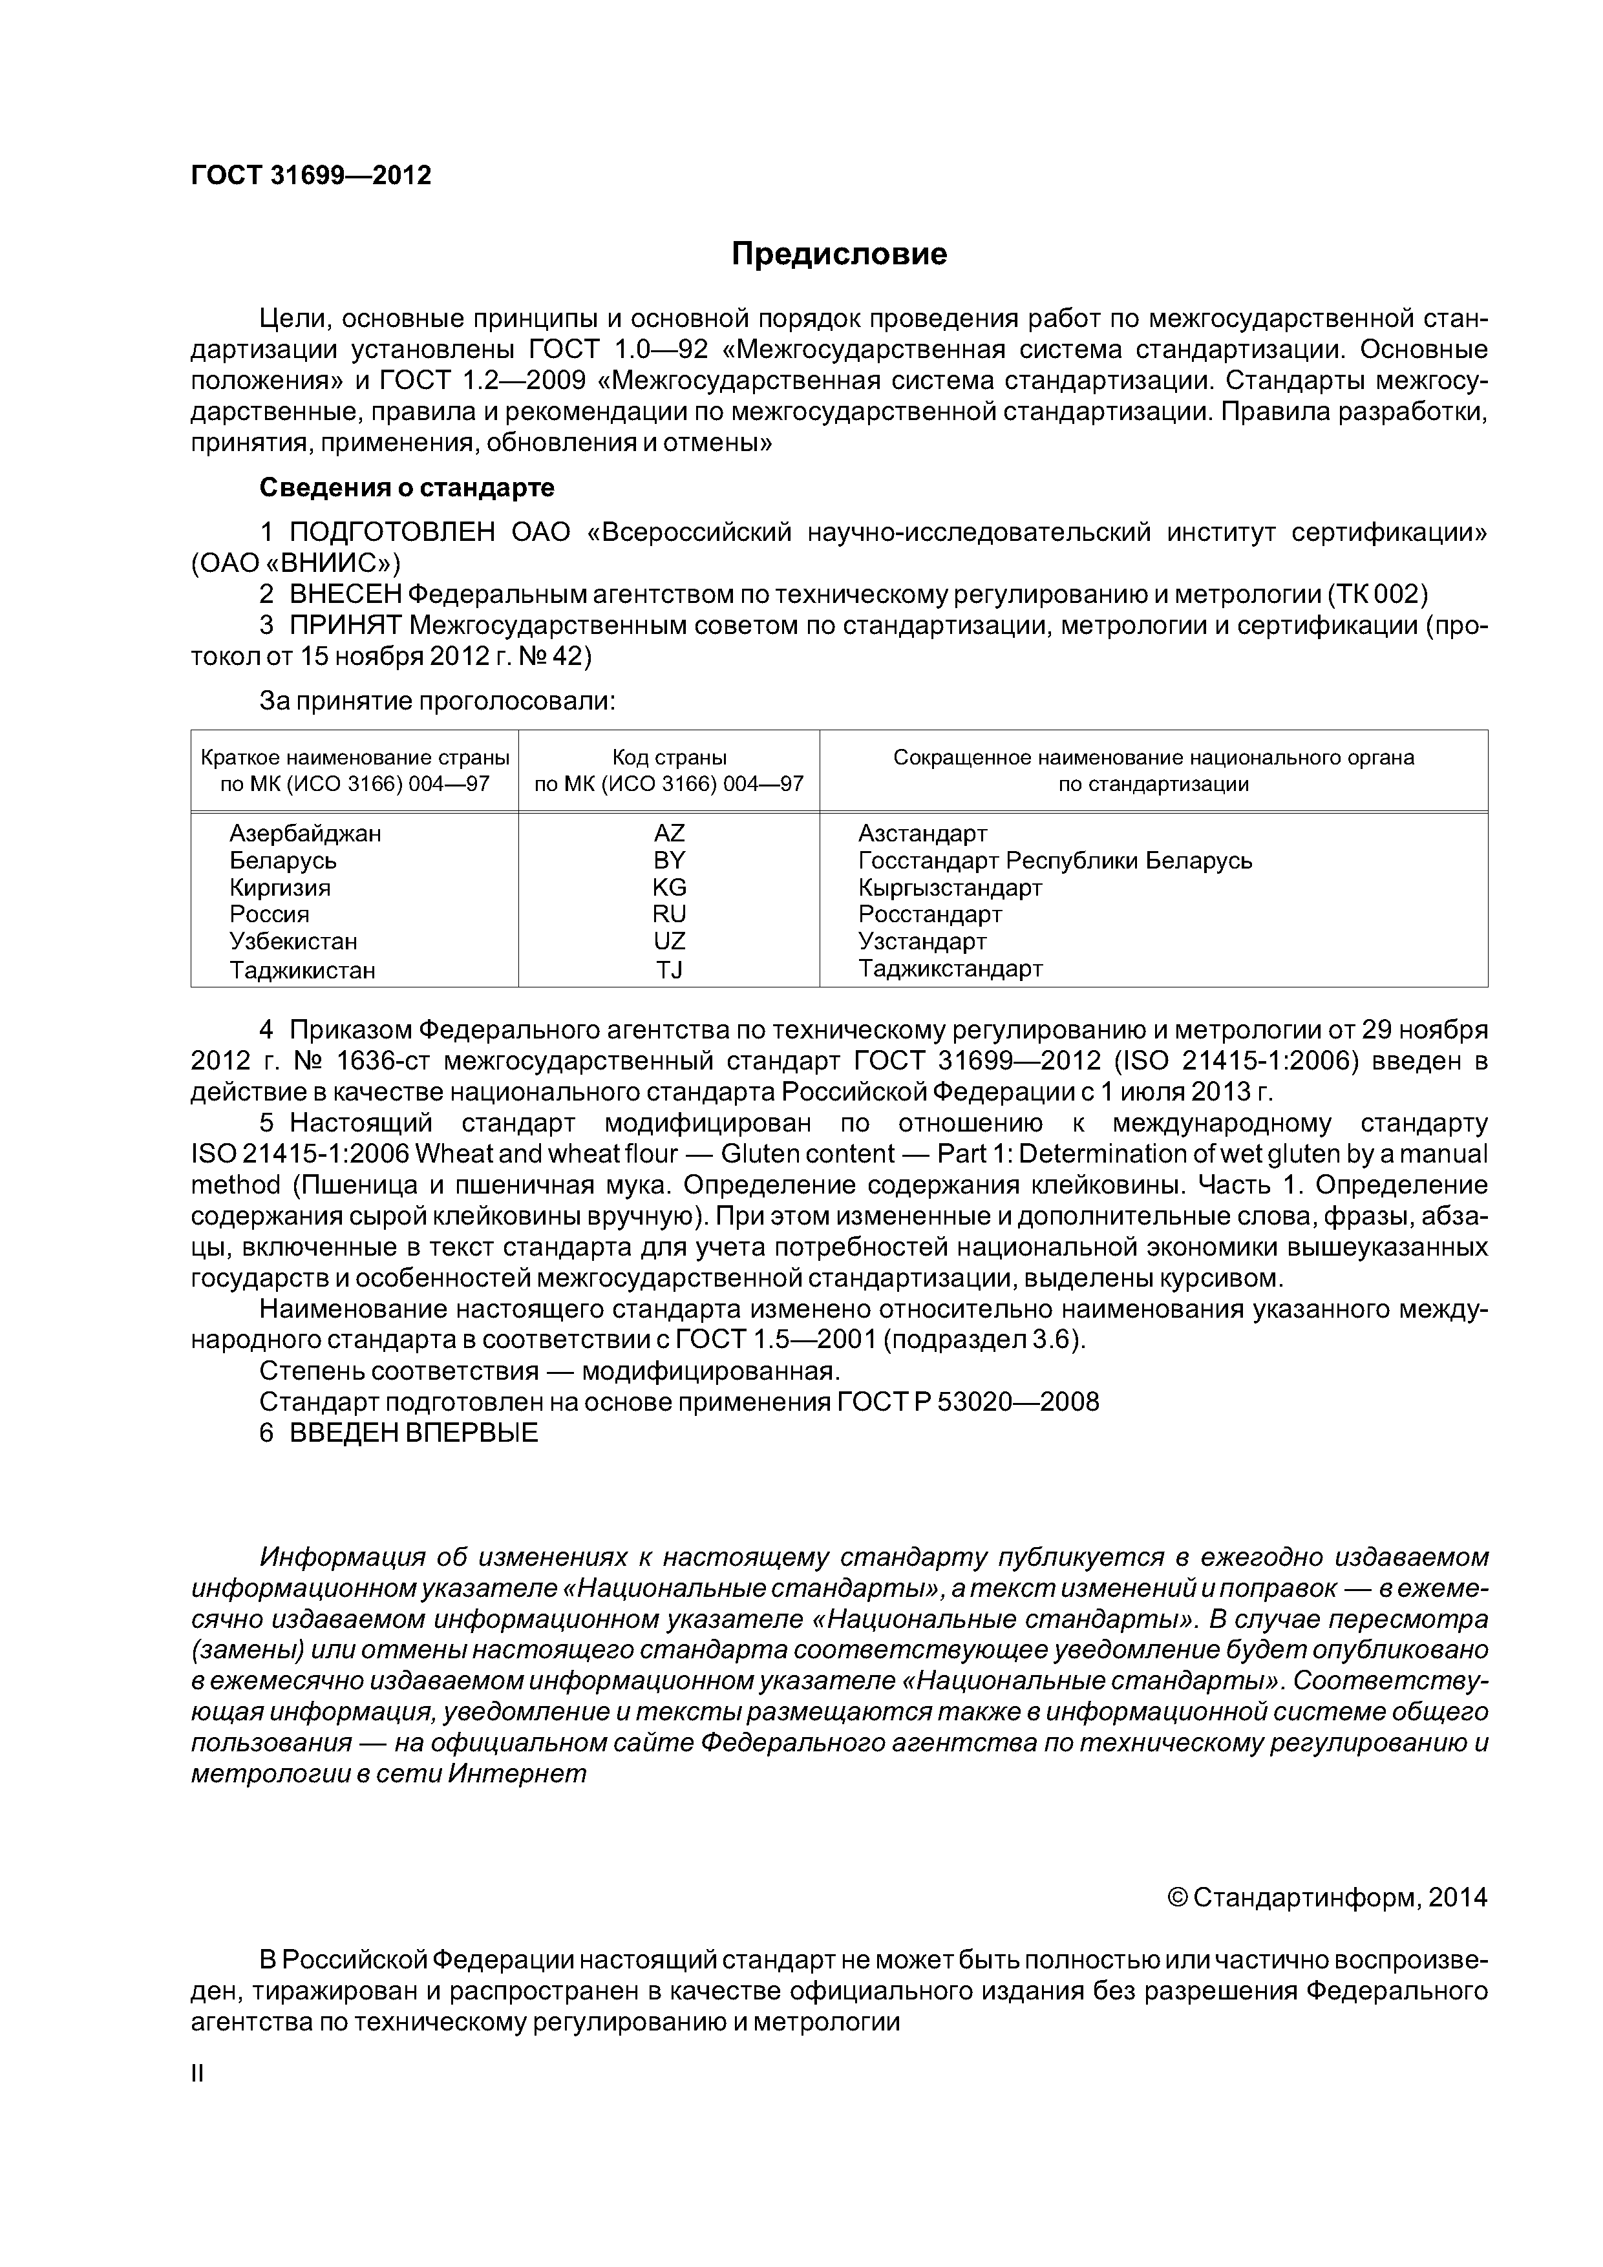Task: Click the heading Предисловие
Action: click(838, 254)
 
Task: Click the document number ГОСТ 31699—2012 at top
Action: click(310, 176)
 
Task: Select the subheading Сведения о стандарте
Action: click(406, 488)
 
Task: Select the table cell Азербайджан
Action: click(305, 834)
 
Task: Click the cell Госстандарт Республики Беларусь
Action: click(1055, 860)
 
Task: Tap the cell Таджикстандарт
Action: click(950, 969)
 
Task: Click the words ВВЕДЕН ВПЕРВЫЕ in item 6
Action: click(413, 1433)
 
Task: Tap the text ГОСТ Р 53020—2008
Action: click(967, 1402)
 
